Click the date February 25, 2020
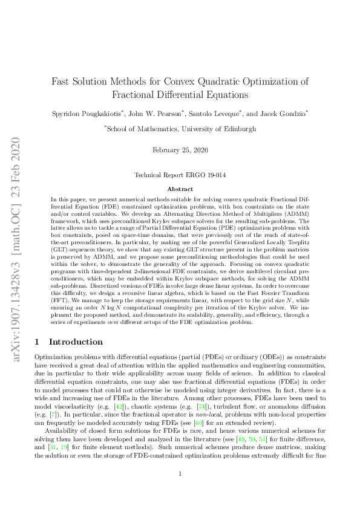[x=180, y=149]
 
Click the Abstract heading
[x=180, y=189]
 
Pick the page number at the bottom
[x=180, y=490]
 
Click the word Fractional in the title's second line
[x=134, y=95]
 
